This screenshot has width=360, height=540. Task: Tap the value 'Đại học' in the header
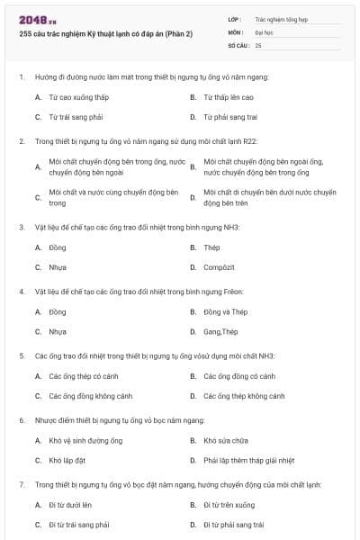click(265, 31)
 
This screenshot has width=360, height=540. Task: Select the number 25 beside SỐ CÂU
click(258, 44)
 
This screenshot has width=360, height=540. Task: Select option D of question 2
click(269, 197)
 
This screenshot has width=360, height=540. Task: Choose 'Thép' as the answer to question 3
click(212, 247)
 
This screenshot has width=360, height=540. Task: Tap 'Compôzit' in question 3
click(220, 267)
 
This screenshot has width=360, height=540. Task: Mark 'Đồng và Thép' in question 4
click(225, 312)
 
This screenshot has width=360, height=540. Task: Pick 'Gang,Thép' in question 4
click(221, 332)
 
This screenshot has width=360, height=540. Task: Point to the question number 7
click(21, 485)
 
